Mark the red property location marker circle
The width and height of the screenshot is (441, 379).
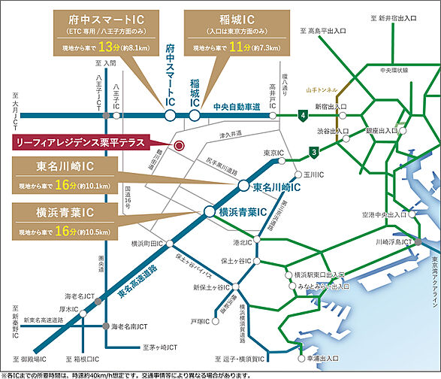[x=179, y=145]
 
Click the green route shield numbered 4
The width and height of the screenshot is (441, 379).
[x=302, y=115]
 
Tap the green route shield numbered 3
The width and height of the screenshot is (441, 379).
[x=313, y=154]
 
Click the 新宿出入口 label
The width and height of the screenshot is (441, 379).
[x=331, y=108]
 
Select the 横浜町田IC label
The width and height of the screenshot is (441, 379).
[x=147, y=244]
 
